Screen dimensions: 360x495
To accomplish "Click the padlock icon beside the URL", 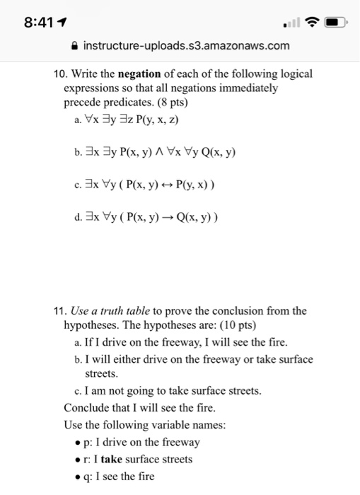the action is (x=75, y=46).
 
